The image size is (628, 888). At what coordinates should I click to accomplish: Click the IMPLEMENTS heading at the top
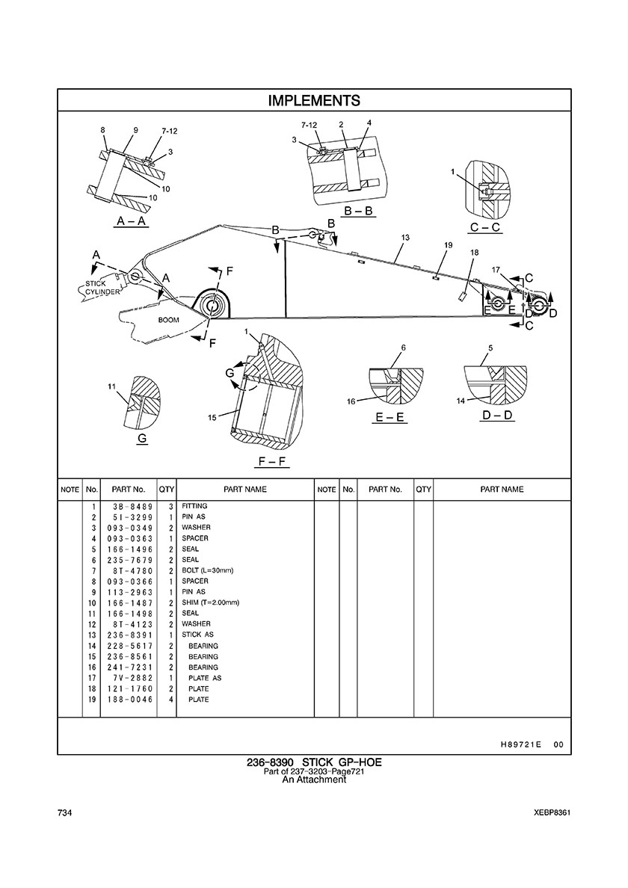[314, 100]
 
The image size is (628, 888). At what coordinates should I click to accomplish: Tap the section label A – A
[132, 221]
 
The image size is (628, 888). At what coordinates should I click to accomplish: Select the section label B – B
[358, 212]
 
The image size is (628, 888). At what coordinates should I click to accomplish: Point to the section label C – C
[485, 227]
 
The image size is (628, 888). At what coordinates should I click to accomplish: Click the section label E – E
[390, 417]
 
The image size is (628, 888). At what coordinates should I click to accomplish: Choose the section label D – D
[497, 415]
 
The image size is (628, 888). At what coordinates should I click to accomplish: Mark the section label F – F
[272, 462]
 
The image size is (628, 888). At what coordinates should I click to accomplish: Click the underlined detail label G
[142, 439]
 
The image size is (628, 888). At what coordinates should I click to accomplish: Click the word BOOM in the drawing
[168, 319]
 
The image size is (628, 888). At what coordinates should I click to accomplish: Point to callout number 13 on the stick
[405, 237]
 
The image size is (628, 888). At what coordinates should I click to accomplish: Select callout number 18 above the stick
[473, 253]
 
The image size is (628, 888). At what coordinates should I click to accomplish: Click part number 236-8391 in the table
[129, 635]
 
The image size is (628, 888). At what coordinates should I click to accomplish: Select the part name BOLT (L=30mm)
[208, 570]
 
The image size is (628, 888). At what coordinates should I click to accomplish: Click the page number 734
[64, 813]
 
